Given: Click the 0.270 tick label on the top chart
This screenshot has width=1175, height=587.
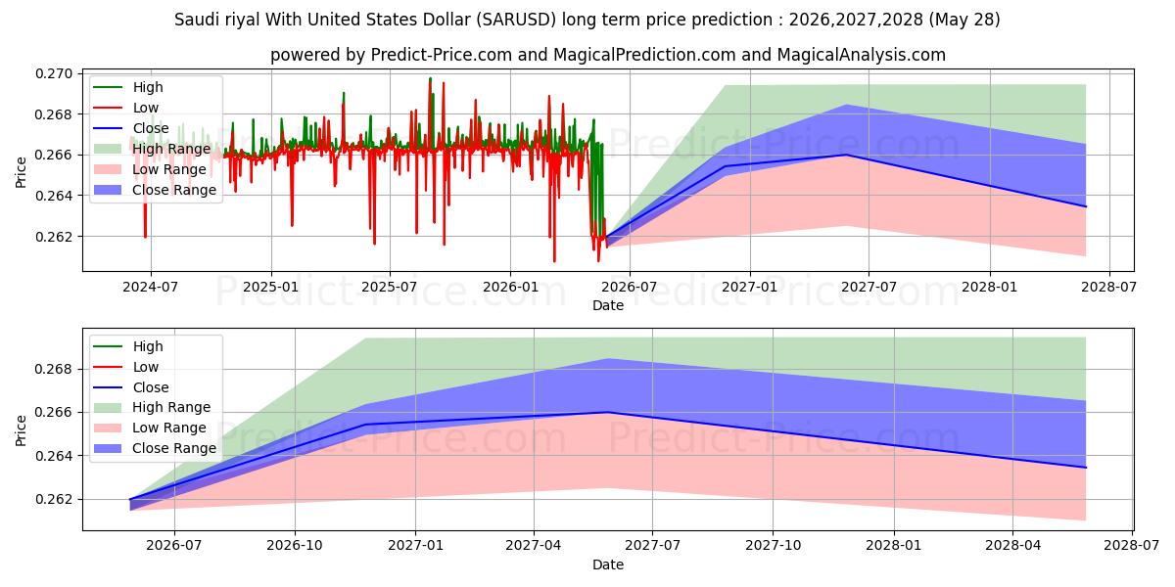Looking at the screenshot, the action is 54,74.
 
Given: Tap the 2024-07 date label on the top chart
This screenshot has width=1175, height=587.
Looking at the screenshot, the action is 151,288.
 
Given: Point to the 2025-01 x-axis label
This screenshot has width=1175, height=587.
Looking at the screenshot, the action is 270,288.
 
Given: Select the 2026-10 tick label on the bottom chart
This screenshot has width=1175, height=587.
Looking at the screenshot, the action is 295,546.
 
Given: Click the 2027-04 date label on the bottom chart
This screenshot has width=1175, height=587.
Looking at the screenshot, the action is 534,546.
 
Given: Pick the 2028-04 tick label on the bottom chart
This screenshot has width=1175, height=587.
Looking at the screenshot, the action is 1012,546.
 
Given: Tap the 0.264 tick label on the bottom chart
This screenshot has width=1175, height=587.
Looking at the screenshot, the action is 54,457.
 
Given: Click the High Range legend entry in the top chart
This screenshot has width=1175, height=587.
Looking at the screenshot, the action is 152,149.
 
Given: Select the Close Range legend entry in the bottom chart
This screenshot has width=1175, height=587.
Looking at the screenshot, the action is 152,448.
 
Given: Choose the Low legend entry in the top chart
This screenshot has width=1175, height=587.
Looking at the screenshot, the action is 126,108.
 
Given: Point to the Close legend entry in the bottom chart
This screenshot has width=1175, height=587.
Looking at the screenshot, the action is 131,387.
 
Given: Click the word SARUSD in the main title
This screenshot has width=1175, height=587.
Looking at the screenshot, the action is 517,20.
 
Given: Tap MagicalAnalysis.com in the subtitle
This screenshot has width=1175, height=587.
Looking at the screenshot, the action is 862,55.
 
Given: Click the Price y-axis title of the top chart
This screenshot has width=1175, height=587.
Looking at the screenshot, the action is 21,172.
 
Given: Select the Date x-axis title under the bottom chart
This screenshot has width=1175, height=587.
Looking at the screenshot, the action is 608,564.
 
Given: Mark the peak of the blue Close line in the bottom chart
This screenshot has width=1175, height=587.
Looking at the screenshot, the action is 608,413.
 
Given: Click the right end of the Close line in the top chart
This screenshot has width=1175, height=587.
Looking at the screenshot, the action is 1086,206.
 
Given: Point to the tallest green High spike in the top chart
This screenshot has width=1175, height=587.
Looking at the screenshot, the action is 430,78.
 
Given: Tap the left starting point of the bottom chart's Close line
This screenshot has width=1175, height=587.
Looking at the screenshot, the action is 130,500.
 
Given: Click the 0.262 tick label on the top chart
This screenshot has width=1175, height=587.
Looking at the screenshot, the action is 54,237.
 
